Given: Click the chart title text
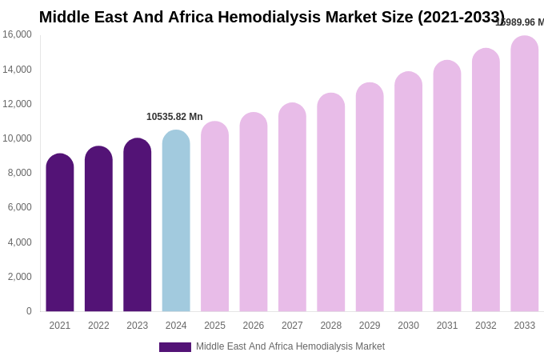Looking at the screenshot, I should [x=272, y=17].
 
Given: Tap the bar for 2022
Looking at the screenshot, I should [x=98, y=229].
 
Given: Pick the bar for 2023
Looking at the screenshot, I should [x=138, y=225].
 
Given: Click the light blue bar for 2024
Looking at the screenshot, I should [x=176, y=221].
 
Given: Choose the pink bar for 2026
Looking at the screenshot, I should [x=254, y=212].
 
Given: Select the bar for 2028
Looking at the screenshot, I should [x=331, y=202].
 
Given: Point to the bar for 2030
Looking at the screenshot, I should [x=408, y=192].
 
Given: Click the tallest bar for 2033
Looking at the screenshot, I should [x=525, y=174].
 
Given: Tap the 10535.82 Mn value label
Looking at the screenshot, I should [x=174, y=117].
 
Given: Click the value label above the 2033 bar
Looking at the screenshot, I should [x=519, y=22].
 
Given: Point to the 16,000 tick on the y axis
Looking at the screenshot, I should [x=17, y=34].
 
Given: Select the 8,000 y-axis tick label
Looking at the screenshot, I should [x=19, y=173].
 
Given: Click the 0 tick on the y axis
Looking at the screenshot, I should [x=29, y=311].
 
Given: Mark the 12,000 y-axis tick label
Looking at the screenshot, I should [x=17, y=104].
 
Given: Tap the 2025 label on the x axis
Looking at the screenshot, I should [x=214, y=326].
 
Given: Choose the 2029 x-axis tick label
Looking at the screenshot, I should [x=370, y=326].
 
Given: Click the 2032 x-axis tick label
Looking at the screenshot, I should [x=486, y=326].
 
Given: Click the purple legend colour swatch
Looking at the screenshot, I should [x=175, y=347].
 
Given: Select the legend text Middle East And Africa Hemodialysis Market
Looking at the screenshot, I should [x=290, y=346].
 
